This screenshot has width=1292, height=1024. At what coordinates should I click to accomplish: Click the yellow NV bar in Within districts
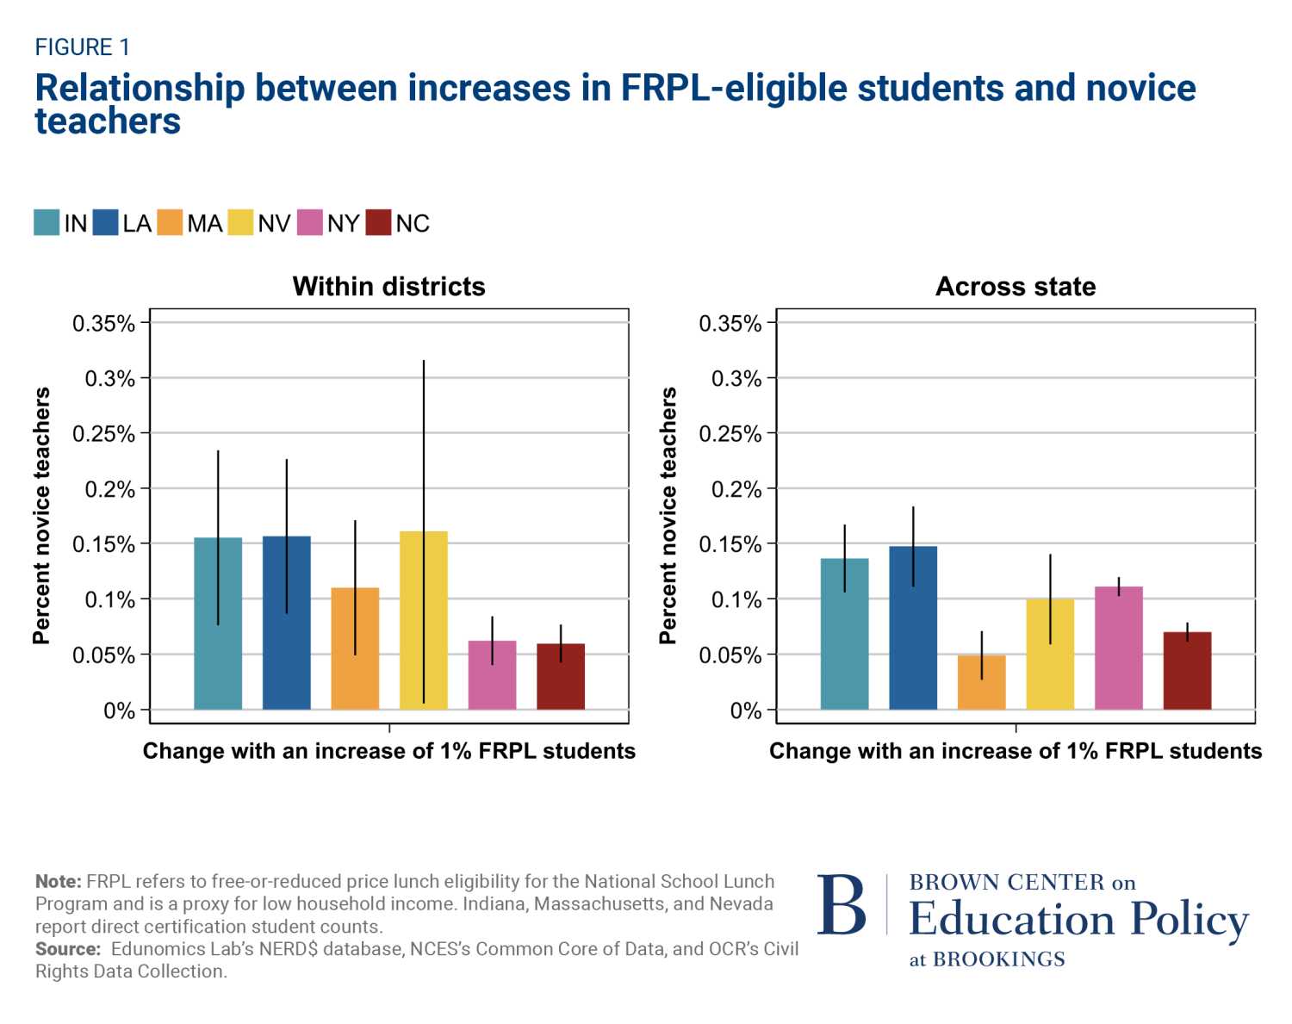tap(423, 620)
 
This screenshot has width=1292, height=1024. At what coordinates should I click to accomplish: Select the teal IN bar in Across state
tap(844, 634)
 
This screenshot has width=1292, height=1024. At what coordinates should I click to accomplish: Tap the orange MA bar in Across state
tap(981, 682)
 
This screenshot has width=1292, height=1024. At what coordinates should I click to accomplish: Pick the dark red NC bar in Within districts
tap(561, 677)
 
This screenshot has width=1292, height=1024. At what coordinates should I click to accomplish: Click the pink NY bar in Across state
tap(1118, 648)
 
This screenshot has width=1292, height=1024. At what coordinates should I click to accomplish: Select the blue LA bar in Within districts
tap(286, 623)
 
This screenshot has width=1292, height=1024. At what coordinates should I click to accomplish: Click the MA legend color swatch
tap(171, 223)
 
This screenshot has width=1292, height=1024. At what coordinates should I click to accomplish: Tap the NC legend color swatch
tap(378, 223)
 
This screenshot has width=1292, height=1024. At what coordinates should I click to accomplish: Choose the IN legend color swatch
tap(47, 223)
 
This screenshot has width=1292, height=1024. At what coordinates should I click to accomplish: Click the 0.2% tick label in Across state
tap(736, 489)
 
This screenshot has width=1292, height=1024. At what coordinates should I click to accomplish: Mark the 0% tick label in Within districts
tap(119, 711)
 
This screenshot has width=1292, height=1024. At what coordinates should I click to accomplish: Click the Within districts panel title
tap(388, 286)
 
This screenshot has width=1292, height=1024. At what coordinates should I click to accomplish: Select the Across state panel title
tap(1016, 286)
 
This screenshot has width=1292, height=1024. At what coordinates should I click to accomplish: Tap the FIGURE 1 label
tap(82, 47)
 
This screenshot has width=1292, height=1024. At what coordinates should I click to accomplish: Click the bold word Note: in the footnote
tap(58, 882)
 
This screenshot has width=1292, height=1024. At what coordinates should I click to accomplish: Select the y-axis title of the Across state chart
tap(668, 515)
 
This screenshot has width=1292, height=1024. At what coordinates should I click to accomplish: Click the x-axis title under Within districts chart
tap(388, 751)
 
